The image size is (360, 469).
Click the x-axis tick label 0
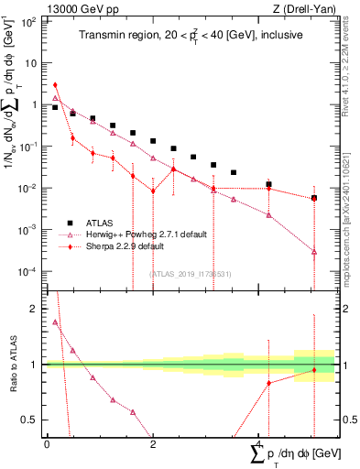click(x=47, y=443)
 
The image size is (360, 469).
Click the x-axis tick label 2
click(x=153, y=443)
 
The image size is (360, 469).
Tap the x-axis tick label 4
click(x=259, y=443)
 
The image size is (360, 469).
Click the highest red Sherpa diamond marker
click(x=56, y=85)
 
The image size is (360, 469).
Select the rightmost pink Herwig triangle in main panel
click(x=313, y=251)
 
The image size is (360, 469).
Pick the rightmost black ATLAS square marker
click(x=313, y=198)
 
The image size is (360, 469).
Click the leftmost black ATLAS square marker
click(x=56, y=107)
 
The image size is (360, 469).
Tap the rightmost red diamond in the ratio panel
click(x=313, y=370)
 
